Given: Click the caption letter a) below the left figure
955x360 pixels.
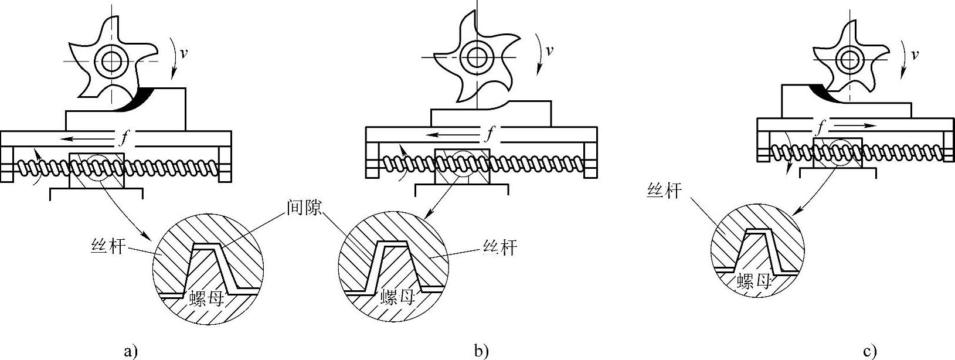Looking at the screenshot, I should tap(131, 352).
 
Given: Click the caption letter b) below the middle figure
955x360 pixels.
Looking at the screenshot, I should tap(481, 352).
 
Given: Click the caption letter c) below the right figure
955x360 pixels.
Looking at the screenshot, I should tap(870, 352).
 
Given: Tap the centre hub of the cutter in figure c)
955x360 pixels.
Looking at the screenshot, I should tap(848, 59).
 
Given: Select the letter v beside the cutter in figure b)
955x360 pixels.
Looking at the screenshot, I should tap(549, 50).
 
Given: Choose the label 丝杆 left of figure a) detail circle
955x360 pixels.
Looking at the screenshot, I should tap(108, 245).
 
